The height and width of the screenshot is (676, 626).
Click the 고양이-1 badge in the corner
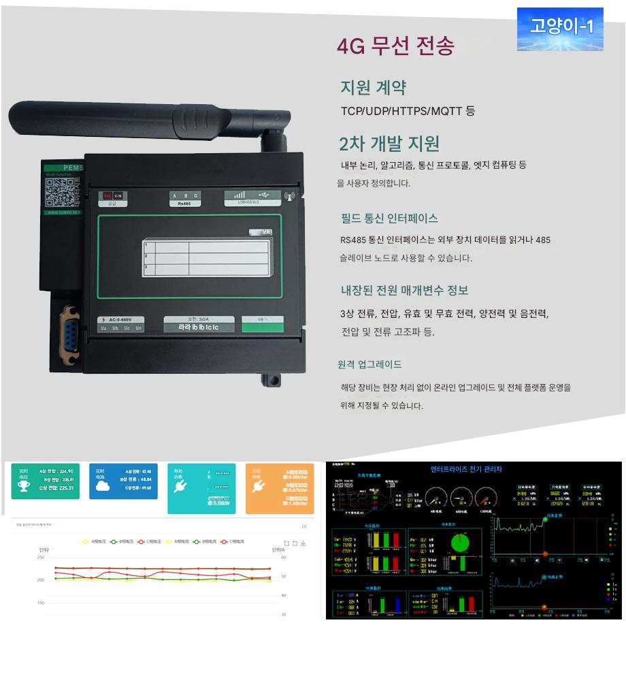pyautogui.click(x=560, y=28)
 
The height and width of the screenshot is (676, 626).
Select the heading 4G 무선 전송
pyautogui.click(x=395, y=46)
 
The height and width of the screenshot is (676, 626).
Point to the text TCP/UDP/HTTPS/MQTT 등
pyautogui.click(x=408, y=111)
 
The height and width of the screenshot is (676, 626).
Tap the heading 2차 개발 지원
pyautogui.click(x=389, y=144)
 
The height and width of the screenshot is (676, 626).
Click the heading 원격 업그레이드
pyautogui.click(x=369, y=364)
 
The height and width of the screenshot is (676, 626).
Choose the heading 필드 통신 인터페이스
pyautogui.click(x=389, y=219)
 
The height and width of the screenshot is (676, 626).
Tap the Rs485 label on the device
pyautogui.click(x=184, y=198)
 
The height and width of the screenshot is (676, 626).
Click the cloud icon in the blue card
pyautogui.click(x=102, y=485)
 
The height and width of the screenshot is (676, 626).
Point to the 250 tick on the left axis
pyautogui.click(x=40, y=558)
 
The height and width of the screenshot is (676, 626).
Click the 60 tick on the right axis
pyautogui.click(x=282, y=558)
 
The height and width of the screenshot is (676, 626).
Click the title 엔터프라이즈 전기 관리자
pyautogui.click(x=467, y=469)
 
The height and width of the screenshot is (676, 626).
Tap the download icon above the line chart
pyautogui.click(x=303, y=543)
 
